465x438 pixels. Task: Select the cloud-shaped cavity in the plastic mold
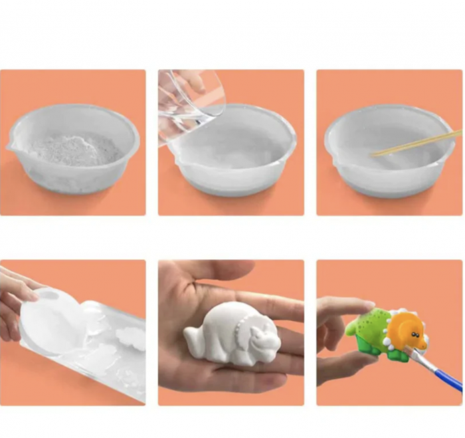130,338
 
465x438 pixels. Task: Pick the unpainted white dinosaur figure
240,332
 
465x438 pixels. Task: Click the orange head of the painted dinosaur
406,329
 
